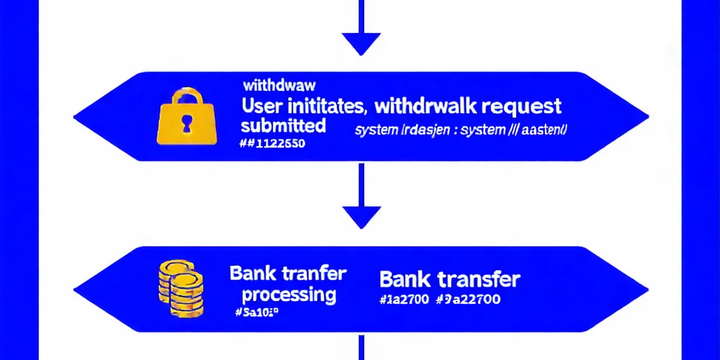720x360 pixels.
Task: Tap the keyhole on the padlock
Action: point(186,122)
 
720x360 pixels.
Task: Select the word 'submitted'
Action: point(283,125)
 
